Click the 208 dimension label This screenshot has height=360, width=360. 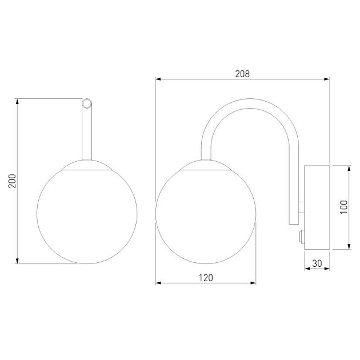pyautogui.click(x=242, y=74)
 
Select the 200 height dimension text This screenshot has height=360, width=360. pyautogui.click(x=12, y=181)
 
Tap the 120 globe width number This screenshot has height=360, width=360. pyautogui.click(x=206, y=278)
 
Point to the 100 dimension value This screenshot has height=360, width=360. pyautogui.click(x=343, y=207)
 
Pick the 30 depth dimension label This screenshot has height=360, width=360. pyautogui.click(x=317, y=263)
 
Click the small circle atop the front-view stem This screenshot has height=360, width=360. pyautogui.click(x=87, y=103)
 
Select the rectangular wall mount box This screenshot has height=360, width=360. pyautogui.click(x=317, y=207)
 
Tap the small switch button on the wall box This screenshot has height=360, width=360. pyautogui.click(x=302, y=236)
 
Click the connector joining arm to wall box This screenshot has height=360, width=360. pyautogui.click(x=302, y=207)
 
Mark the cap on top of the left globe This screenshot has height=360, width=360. pyautogui.click(x=87, y=165)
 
